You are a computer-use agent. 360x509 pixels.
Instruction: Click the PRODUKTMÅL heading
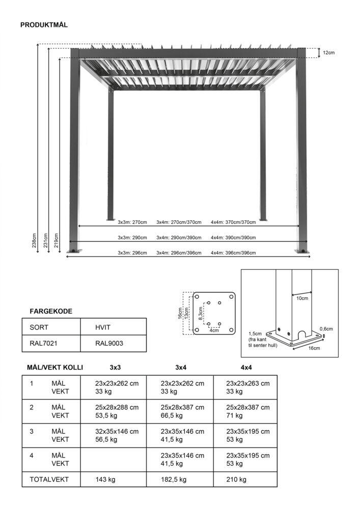[x=44, y=25]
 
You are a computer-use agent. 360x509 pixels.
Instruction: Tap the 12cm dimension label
[x=329, y=52]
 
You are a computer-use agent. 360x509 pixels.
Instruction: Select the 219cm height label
[x=56, y=238]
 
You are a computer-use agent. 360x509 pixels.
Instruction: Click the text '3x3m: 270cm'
[x=132, y=222]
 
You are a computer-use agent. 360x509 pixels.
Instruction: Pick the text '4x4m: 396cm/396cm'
[x=233, y=253]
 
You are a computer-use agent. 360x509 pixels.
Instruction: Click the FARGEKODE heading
[x=51, y=311]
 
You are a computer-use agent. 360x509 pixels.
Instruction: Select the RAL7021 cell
[x=43, y=343]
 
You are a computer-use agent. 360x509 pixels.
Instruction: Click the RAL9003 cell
[x=109, y=343]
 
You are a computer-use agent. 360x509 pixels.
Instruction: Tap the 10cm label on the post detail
[x=302, y=298]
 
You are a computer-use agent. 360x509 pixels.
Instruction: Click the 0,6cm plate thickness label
[x=326, y=329]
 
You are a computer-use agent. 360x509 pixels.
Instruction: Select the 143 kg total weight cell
[x=105, y=479]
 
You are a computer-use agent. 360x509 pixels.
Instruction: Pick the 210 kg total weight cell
[x=236, y=479]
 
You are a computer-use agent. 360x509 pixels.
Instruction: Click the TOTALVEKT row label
[x=49, y=479]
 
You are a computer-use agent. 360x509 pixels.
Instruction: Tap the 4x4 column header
[x=246, y=367]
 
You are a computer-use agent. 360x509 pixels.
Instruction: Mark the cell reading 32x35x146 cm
[x=117, y=431]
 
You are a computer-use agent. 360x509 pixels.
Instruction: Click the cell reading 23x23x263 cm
[x=247, y=383]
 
